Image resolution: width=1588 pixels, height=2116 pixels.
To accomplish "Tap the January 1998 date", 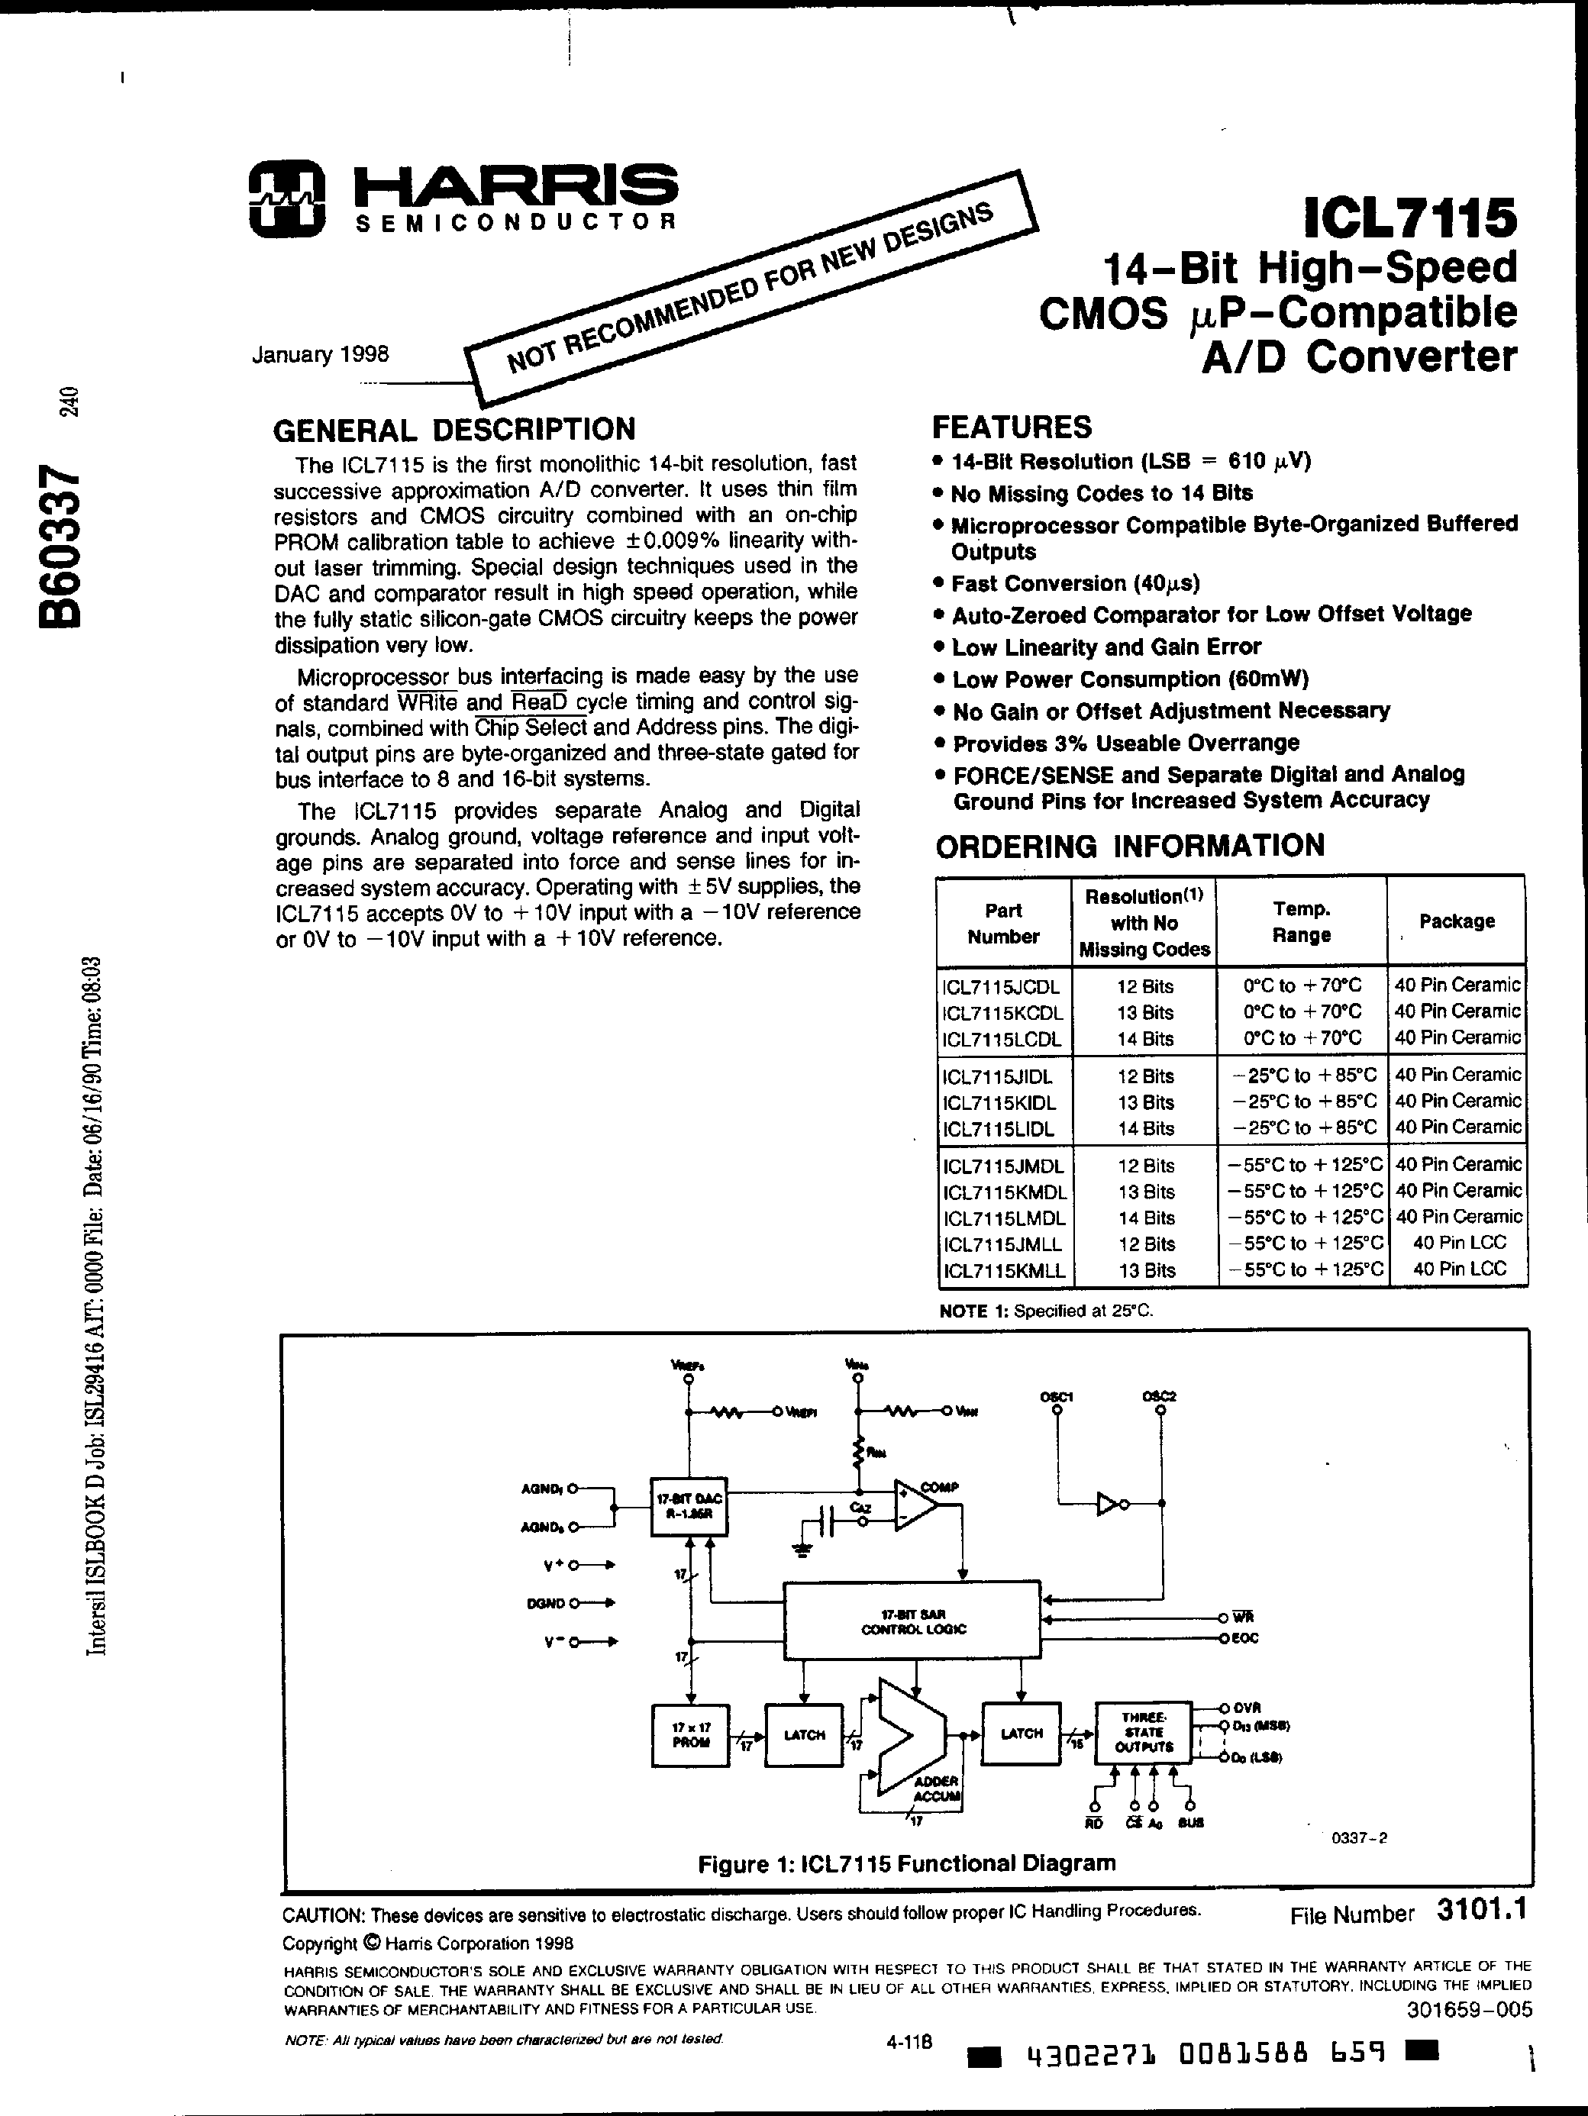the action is [x=320, y=355].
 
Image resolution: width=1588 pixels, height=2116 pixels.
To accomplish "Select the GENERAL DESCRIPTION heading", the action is [x=453, y=431].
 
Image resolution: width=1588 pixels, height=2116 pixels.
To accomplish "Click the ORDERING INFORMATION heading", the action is [x=1129, y=846].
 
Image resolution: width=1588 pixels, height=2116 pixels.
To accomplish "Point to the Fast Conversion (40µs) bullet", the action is [x=1074, y=583].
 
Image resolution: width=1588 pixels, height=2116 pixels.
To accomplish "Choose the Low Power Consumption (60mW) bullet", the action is [x=1130, y=679].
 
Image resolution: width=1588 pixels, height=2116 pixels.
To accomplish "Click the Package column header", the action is [x=1456, y=921].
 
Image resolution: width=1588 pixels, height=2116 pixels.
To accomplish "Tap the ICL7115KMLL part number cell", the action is [x=1003, y=1270].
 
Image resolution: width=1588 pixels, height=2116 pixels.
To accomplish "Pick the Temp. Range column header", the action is [x=1301, y=921].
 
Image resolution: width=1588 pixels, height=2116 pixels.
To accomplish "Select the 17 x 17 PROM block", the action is [x=689, y=1735].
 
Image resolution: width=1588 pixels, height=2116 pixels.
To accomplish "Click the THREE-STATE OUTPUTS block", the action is [x=1143, y=1732].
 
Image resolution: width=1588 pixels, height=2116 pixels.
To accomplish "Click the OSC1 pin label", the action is [x=1056, y=1395].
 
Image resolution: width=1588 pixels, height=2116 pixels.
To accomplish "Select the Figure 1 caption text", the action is [x=906, y=1863].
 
